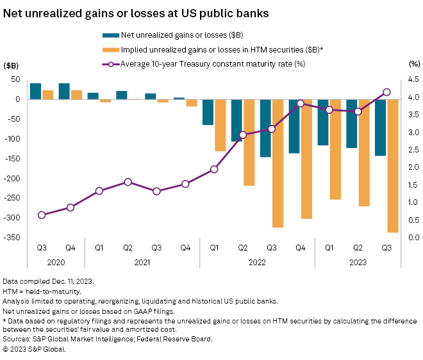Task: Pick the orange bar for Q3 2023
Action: (x=393, y=166)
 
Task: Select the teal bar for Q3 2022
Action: (x=265, y=128)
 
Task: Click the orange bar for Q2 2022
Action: (x=248, y=142)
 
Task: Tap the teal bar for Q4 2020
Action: (x=64, y=91)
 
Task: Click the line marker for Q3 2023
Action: (x=387, y=92)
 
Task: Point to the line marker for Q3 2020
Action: (x=42, y=215)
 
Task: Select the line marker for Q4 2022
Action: (x=301, y=104)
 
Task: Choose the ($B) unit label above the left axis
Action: (x=12, y=65)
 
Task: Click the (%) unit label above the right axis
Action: (x=413, y=65)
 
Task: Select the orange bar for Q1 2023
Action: (x=335, y=149)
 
